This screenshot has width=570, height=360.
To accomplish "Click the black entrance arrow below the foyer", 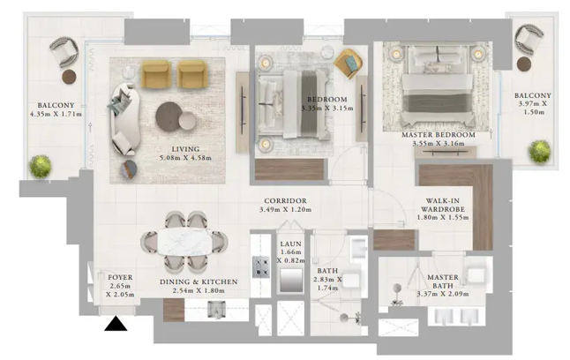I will point(115,326).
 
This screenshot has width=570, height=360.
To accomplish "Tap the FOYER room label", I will point(120,278).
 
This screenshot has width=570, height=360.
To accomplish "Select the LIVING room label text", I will point(185,148).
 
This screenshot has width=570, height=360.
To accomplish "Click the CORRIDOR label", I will point(284,201).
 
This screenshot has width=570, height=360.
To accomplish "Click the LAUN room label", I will point(291,244).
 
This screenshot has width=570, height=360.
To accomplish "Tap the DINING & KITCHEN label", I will point(199,281).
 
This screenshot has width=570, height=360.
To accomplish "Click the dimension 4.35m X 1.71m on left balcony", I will point(56,114).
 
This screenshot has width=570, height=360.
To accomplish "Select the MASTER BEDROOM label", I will point(439,135).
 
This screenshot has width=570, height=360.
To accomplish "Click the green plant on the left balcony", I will point(40,166).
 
